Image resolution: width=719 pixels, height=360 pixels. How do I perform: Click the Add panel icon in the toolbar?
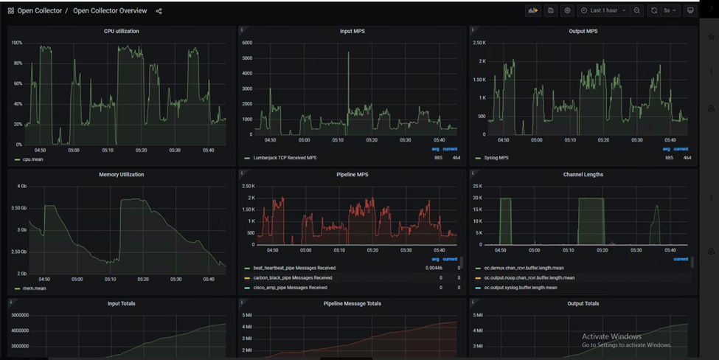point(532,10)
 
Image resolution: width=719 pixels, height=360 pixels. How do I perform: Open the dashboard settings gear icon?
point(567,10)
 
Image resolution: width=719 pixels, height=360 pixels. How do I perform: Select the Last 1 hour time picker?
point(603,10)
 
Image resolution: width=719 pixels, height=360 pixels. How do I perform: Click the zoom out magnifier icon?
point(637,10)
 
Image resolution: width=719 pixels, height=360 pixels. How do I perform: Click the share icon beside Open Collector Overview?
point(159,11)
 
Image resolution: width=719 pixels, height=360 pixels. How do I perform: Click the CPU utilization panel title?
point(122,31)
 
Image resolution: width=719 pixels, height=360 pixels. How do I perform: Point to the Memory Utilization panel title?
point(122,175)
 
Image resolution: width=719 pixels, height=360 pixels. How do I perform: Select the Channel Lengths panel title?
point(583,175)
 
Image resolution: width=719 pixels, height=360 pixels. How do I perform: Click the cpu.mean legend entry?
point(32,159)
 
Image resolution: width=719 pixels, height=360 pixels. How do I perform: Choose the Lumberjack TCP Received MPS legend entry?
point(285,158)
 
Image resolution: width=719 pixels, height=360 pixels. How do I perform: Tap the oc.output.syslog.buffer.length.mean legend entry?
point(520,288)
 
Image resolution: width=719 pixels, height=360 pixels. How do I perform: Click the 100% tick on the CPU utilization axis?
point(16,43)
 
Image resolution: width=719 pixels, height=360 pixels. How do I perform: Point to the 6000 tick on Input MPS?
point(246,43)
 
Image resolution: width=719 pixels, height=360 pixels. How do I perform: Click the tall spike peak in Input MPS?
point(348,53)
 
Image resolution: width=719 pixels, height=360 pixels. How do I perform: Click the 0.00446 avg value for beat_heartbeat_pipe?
point(433,268)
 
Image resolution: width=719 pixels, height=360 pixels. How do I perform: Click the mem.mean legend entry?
point(34,288)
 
